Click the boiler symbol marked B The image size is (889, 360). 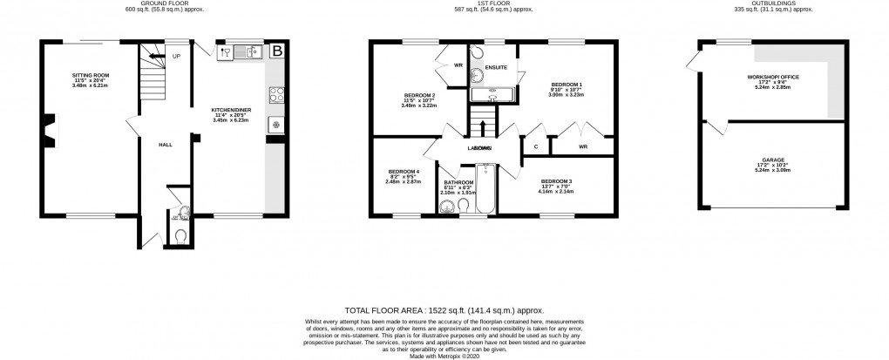[x=277, y=51]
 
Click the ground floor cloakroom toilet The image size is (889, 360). [x=180, y=234]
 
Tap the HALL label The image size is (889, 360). [x=165, y=145]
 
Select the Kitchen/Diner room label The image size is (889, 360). [x=231, y=110]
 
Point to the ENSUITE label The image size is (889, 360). [x=496, y=66]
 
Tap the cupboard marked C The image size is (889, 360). [x=535, y=146]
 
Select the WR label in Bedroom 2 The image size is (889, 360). [x=458, y=65]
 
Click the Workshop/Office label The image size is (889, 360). [x=773, y=77]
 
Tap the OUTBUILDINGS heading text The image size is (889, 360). [x=772, y=3]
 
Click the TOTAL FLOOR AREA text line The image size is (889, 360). [x=444, y=309]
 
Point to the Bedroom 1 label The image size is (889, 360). [x=567, y=84]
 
